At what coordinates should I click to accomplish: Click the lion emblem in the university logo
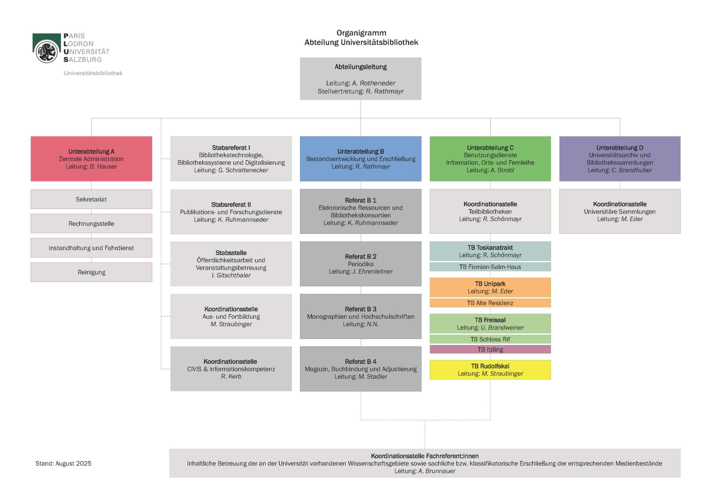46,51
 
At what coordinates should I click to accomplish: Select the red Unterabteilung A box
91,159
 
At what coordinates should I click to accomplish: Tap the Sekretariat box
91,199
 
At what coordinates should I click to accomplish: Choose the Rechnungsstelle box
91,223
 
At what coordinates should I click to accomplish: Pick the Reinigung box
91,272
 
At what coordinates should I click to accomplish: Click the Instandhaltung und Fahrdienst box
91,248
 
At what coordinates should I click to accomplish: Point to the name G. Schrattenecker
243,170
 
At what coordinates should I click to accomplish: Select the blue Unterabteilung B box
360,159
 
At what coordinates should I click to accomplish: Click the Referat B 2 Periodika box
360,264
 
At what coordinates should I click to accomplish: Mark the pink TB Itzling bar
490,349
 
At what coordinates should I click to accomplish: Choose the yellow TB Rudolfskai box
490,370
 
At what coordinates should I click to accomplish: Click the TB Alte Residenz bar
490,303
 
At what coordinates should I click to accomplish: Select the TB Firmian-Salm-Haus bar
490,267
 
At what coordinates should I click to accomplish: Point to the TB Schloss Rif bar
490,339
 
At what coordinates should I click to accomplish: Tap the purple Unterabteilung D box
620,159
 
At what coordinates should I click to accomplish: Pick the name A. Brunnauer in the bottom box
437,471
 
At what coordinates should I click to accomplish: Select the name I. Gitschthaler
231,275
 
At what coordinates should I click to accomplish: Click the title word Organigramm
361,33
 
